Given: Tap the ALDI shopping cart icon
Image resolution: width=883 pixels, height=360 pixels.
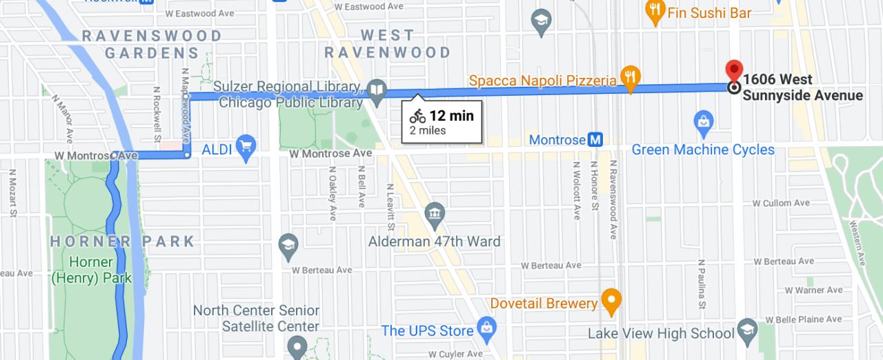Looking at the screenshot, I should [x=246, y=146].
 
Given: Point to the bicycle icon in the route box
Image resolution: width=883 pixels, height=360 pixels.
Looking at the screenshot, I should [x=417, y=116].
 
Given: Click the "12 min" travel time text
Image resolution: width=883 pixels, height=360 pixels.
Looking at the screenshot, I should [x=451, y=116].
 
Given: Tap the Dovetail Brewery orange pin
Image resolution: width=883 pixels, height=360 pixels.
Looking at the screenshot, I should [x=611, y=300].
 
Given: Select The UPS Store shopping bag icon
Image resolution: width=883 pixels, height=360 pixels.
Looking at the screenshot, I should [x=486, y=326].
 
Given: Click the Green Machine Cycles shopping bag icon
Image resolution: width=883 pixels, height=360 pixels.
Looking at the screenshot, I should [x=703, y=121].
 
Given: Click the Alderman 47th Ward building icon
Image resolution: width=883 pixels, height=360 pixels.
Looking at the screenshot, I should [x=435, y=214].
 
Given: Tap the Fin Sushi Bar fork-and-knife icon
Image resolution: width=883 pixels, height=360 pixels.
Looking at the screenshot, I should [x=654, y=9].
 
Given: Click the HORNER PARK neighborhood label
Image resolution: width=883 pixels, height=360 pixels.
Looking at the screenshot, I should [x=123, y=241].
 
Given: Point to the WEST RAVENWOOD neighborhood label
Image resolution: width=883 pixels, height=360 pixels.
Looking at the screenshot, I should [x=388, y=43].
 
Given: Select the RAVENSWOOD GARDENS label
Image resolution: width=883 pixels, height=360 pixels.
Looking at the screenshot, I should [x=152, y=44].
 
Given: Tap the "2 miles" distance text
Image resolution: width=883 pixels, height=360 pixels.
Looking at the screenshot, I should [x=428, y=130].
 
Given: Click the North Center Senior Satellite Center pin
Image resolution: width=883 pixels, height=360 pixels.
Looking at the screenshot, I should [x=297, y=346].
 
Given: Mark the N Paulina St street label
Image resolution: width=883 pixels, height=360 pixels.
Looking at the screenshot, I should [x=701, y=285].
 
